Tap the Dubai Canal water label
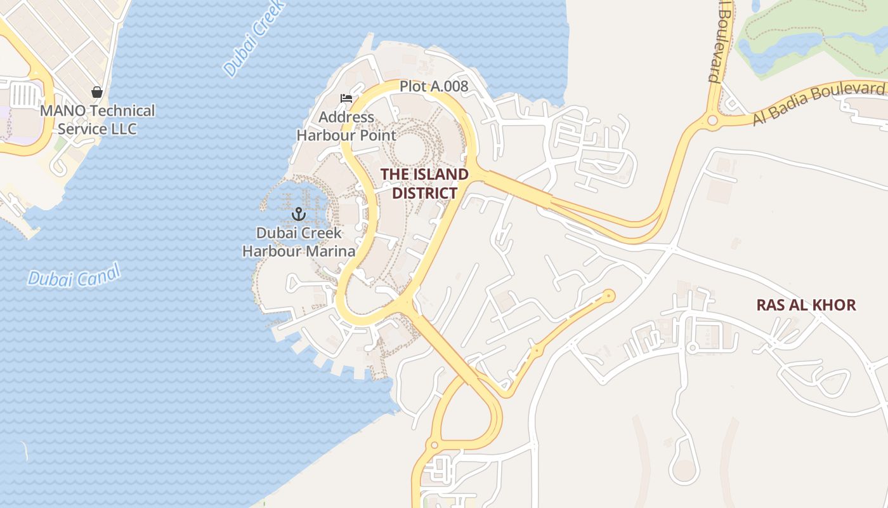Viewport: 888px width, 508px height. point(74,277)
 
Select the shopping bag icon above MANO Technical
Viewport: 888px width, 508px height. point(97,93)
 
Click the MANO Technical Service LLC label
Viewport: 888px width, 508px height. point(97,119)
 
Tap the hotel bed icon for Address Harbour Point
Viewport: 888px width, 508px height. point(346,98)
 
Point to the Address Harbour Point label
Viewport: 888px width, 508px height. point(346,126)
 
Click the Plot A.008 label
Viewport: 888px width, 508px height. point(434,86)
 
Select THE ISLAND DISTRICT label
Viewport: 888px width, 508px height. point(424,184)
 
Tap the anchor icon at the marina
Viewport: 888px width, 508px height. point(298,215)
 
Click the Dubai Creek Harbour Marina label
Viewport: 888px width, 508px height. point(299,242)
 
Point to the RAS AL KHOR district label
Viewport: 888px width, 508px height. point(806,305)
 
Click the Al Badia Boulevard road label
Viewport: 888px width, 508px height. point(818,103)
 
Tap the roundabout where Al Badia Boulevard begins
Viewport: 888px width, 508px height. point(712,120)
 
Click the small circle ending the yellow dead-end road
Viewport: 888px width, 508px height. point(609,295)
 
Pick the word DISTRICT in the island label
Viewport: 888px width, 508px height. point(424,193)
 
